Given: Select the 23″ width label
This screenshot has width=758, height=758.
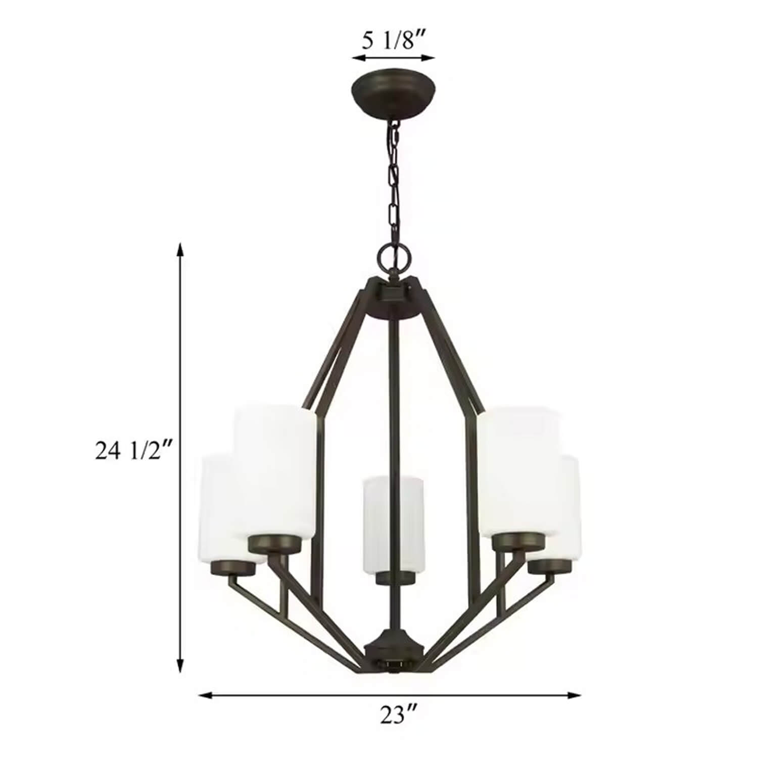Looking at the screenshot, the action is (x=399, y=715).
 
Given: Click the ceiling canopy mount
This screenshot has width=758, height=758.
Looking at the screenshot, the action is (x=394, y=95).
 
